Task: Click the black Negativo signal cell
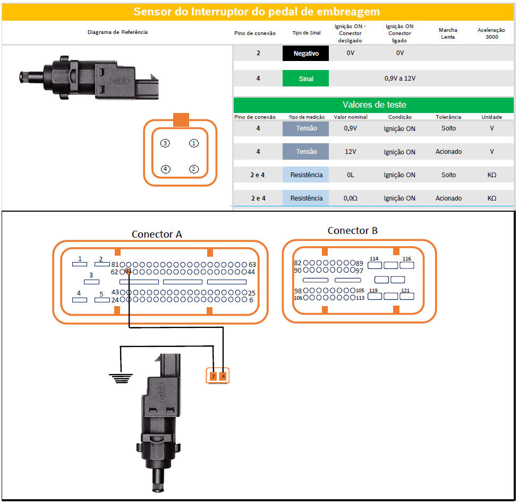[x=306, y=53]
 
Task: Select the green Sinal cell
[x=306, y=79]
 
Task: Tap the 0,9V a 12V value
[x=399, y=79]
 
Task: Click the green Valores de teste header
[x=374, y=105]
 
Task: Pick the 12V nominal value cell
[x=350, y=152]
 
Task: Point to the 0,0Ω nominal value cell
[x=350, y=198]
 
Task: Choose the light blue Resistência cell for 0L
[x=306, y=175]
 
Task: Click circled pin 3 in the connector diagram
[x=166, y=143]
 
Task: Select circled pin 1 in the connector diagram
[x=194, y=143]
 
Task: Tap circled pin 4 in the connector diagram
[x=166, y=169]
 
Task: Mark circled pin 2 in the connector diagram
[x=194, y=169]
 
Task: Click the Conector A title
[x=157, y=234]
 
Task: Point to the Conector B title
[x=352, y=230]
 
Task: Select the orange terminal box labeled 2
[x=213, y=376]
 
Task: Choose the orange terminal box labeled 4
[x=223, y=376]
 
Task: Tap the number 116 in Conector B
[x=406, y=259]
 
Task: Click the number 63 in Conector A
[x=252, y=264]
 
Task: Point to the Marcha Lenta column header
[x=448, y=33]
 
